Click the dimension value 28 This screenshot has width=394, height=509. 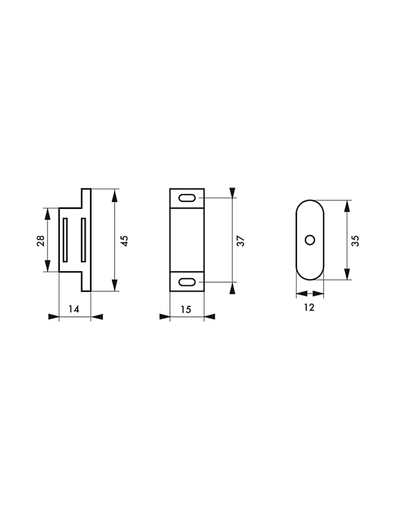point(41,241)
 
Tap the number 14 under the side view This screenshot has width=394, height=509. point(74,309)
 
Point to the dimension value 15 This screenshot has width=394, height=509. point(186,309)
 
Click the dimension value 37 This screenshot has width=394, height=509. point(241,241)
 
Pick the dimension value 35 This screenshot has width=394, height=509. point(355,241)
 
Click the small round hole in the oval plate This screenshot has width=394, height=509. point(310,240)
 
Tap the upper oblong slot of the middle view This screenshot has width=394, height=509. point(187,198)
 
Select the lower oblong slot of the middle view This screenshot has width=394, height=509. point(187,282)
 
